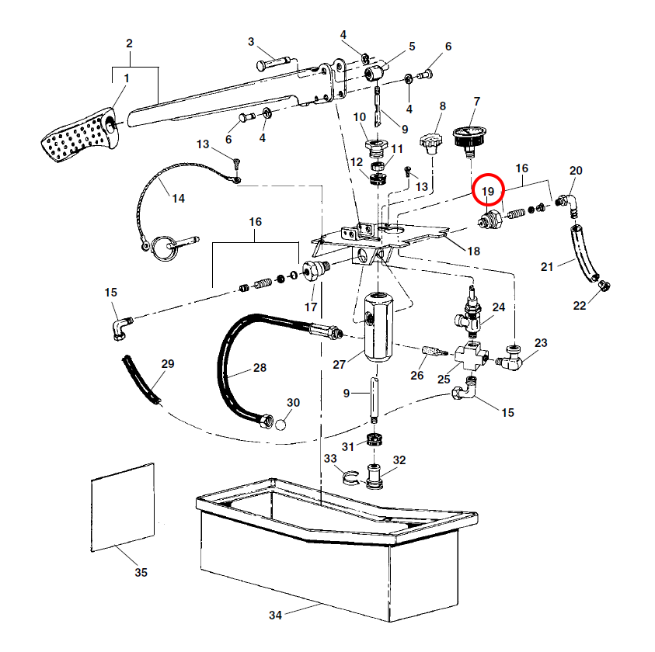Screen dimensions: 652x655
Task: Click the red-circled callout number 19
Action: [x=488, y=191]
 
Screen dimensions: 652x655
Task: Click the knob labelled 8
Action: [x=435, y=142]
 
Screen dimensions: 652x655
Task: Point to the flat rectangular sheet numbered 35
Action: [x=123, y=506]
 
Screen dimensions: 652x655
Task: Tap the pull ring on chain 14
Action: [x=165, y=247]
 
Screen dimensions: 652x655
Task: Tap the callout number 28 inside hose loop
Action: [x=260, y=368]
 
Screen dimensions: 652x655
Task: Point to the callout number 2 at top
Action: [x=130, y=43]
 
